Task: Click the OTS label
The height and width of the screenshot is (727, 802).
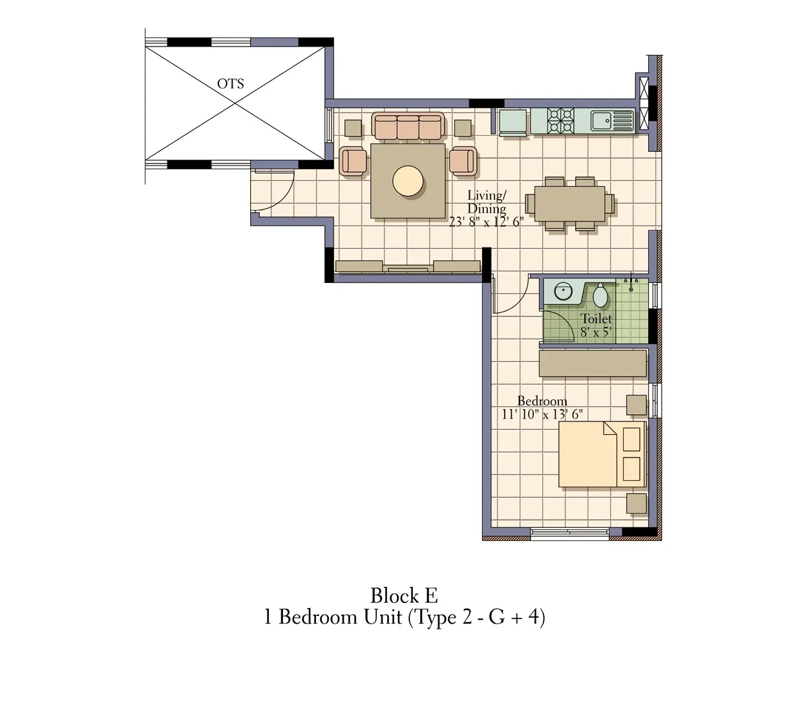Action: [230, 83]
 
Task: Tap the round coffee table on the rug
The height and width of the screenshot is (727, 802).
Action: [408, 181]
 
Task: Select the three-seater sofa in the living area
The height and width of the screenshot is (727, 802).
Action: [408, 127]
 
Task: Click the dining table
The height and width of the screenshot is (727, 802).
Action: [570, 204]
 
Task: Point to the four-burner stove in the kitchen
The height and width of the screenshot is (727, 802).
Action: [560, 120]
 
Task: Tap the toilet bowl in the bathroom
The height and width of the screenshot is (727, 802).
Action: [600, 295]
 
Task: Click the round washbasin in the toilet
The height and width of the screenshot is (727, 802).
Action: [564, 291]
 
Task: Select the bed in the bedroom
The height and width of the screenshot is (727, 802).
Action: [602, 454]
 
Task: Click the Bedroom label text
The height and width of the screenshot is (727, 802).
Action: [542, 401]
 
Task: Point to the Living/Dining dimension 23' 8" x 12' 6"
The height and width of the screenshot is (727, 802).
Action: [486, 222]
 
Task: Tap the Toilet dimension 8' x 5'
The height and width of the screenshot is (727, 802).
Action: [596, 332]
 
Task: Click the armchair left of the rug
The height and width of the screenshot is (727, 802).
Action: [353, 161]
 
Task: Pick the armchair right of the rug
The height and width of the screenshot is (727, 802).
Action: [463, 161]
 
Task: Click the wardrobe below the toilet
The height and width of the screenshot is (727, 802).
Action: [593, 363]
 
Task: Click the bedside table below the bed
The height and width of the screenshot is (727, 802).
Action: [636, 503]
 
